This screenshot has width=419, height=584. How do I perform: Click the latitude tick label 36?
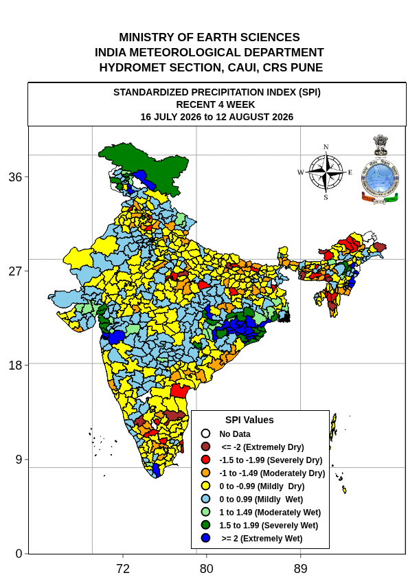click(x=15, y=177)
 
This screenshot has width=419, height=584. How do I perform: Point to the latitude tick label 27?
click(x=15, y=271)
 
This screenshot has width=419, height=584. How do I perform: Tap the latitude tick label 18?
click(x=15, y=365)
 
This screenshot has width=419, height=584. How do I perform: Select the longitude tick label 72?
click(x=123, y=569)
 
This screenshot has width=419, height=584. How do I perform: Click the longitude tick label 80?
click(x=206, y=569)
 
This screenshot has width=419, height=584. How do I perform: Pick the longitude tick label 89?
click(x=301, y=569)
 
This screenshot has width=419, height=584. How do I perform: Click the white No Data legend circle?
click(x=205, y=434)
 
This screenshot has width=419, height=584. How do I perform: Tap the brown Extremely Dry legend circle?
click(x=205, y=447)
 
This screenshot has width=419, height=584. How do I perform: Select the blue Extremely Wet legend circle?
click(x=205, y=538)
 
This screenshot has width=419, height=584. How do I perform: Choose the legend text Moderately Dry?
click(x=293, y=473)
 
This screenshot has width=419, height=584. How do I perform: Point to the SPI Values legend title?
click(x=249, y=420)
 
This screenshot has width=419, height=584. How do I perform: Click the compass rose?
click(x=326, y=172)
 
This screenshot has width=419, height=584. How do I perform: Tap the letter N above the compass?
click(x=326, y=147)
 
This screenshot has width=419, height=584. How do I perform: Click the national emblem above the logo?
click(x=381, y=145)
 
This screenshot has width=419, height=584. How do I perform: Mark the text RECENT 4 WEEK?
click(x=216, y=104)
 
